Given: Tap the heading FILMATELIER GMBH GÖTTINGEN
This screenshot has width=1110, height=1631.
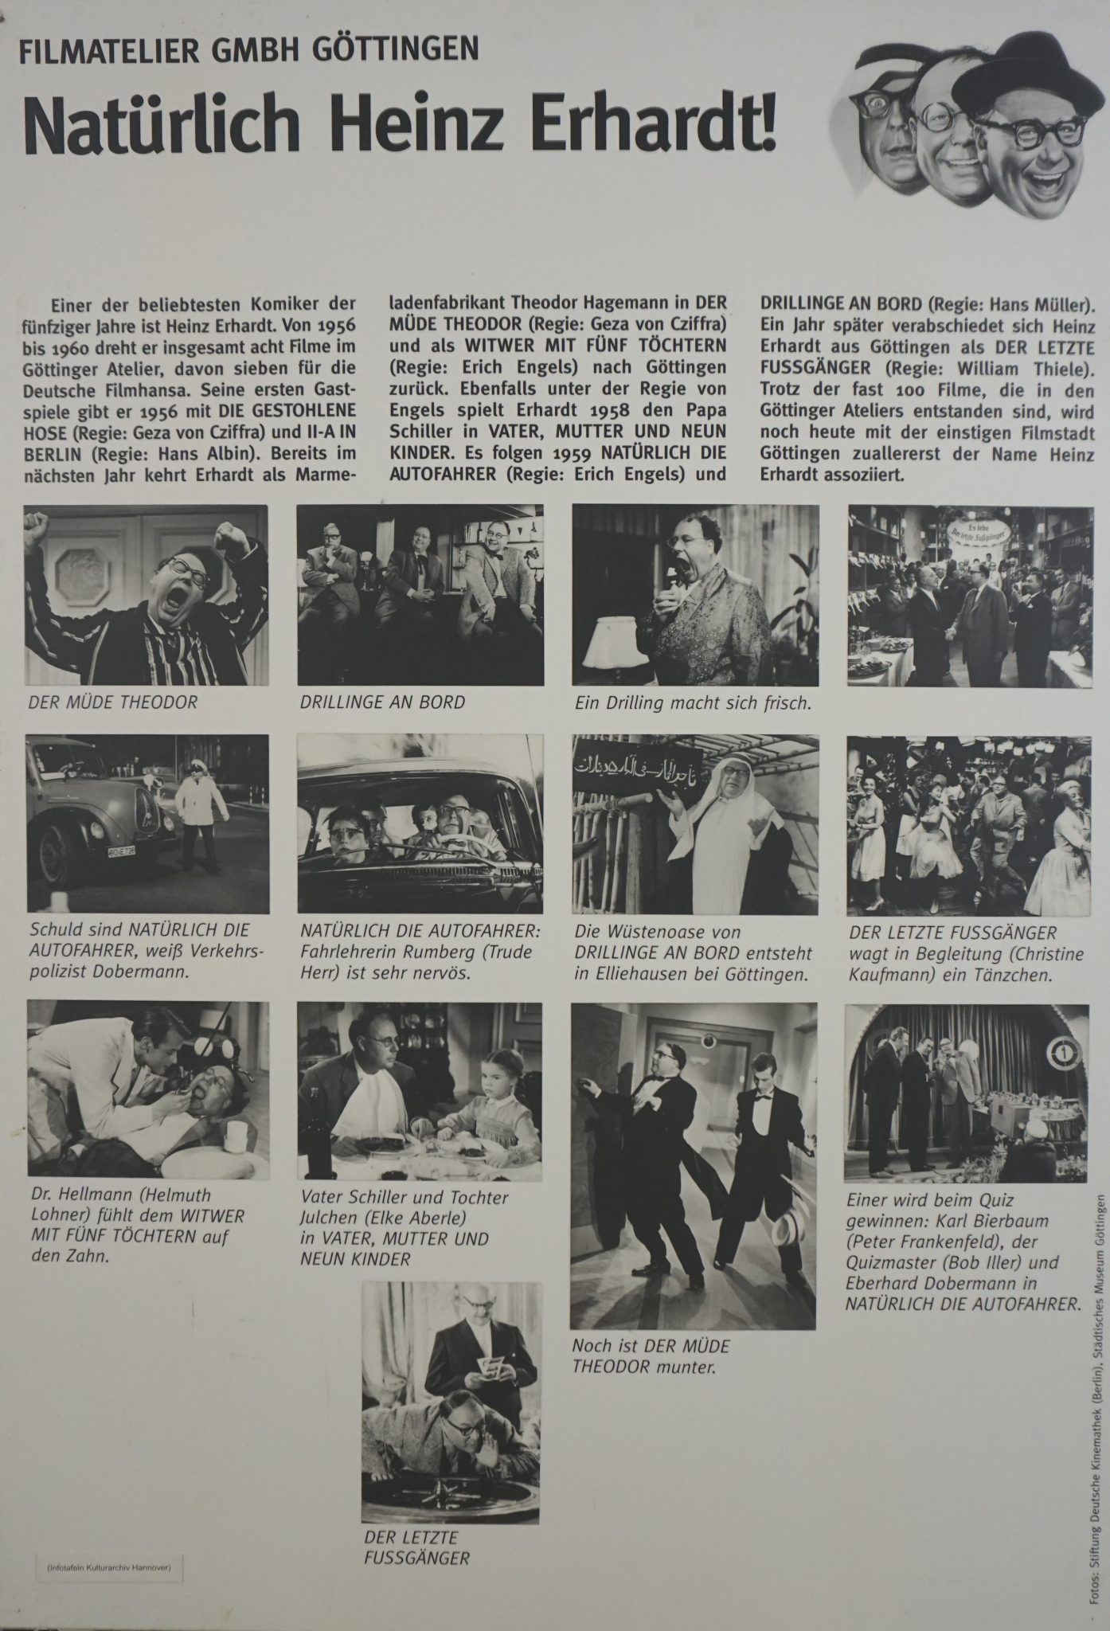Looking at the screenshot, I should point(248,53).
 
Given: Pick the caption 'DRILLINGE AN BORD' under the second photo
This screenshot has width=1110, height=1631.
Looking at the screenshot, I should point(382,703).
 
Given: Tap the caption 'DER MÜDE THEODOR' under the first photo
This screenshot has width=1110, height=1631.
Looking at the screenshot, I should point(112,703).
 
